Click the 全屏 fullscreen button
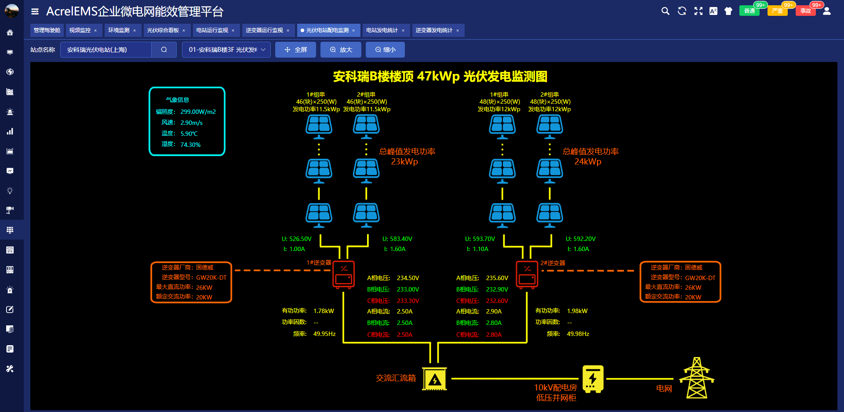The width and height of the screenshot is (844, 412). click(x=295, y=50)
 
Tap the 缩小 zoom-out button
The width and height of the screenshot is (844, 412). click(x=385, y=50)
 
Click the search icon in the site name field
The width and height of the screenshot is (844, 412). click(x=164, y=50)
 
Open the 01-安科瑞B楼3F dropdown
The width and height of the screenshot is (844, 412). click(x=226, y=50)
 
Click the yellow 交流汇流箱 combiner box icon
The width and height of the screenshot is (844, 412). click(x=434, y=379)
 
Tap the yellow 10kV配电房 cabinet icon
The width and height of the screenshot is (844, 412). click(x=593, y=379)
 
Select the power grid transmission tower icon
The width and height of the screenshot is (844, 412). click(x=696, y=378)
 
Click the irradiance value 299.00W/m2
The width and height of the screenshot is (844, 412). click(x=198, y=112)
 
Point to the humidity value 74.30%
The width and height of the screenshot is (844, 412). click(x=190, y=145)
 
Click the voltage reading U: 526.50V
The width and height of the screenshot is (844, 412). click(x=296, y=239)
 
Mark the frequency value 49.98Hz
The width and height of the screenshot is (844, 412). click(x=578, y=334)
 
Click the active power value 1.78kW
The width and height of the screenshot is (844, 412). click(x=324, y=311)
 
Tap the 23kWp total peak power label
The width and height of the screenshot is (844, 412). click(x=404, y=162)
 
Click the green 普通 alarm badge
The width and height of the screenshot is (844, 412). click(x=749, y=11)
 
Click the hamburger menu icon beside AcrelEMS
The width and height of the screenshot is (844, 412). click(x=35, y=11)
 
